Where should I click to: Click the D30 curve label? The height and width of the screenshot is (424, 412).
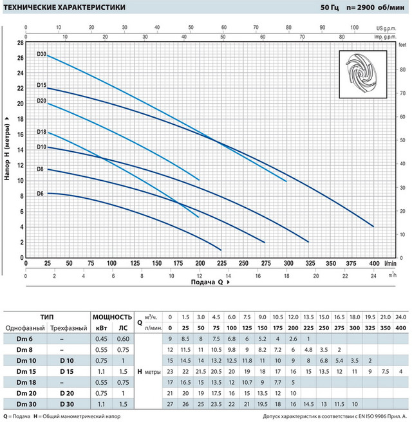click(x=41, y=54)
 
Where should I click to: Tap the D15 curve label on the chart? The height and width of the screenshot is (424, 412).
click(x=41, y=85)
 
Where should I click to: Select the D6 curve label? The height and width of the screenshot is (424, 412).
click(x=40, y=193)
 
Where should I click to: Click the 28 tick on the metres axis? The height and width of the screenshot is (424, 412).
click(x=21, y=42)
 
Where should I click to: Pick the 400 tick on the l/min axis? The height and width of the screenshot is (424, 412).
click(x=373, y=263)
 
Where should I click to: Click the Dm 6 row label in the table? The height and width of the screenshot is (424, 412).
click(x=25, y=339)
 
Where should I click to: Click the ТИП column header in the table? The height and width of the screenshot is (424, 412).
click(x=46, y=317)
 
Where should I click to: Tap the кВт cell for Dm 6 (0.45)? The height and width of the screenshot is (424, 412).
click(x=101, y=339)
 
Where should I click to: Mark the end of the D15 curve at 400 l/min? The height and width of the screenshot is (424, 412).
click(x=373, y=226)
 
